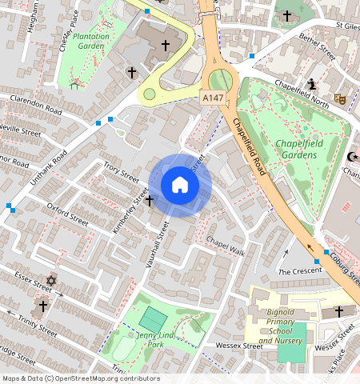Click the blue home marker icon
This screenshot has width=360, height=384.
pyautogui.click(x=180, y=186)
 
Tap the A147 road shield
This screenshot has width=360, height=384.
pyautogui.click(x=210, y=96)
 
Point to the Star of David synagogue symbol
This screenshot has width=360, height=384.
pyautogui.click(x=52, y=281)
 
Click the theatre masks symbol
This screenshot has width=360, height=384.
pyautogui.click(x=339, y=99)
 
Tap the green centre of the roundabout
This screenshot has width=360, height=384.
pyautogui.click(x=218, y=79)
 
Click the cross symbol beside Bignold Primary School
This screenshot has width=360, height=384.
pyautogui.click(x=338, y=310)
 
